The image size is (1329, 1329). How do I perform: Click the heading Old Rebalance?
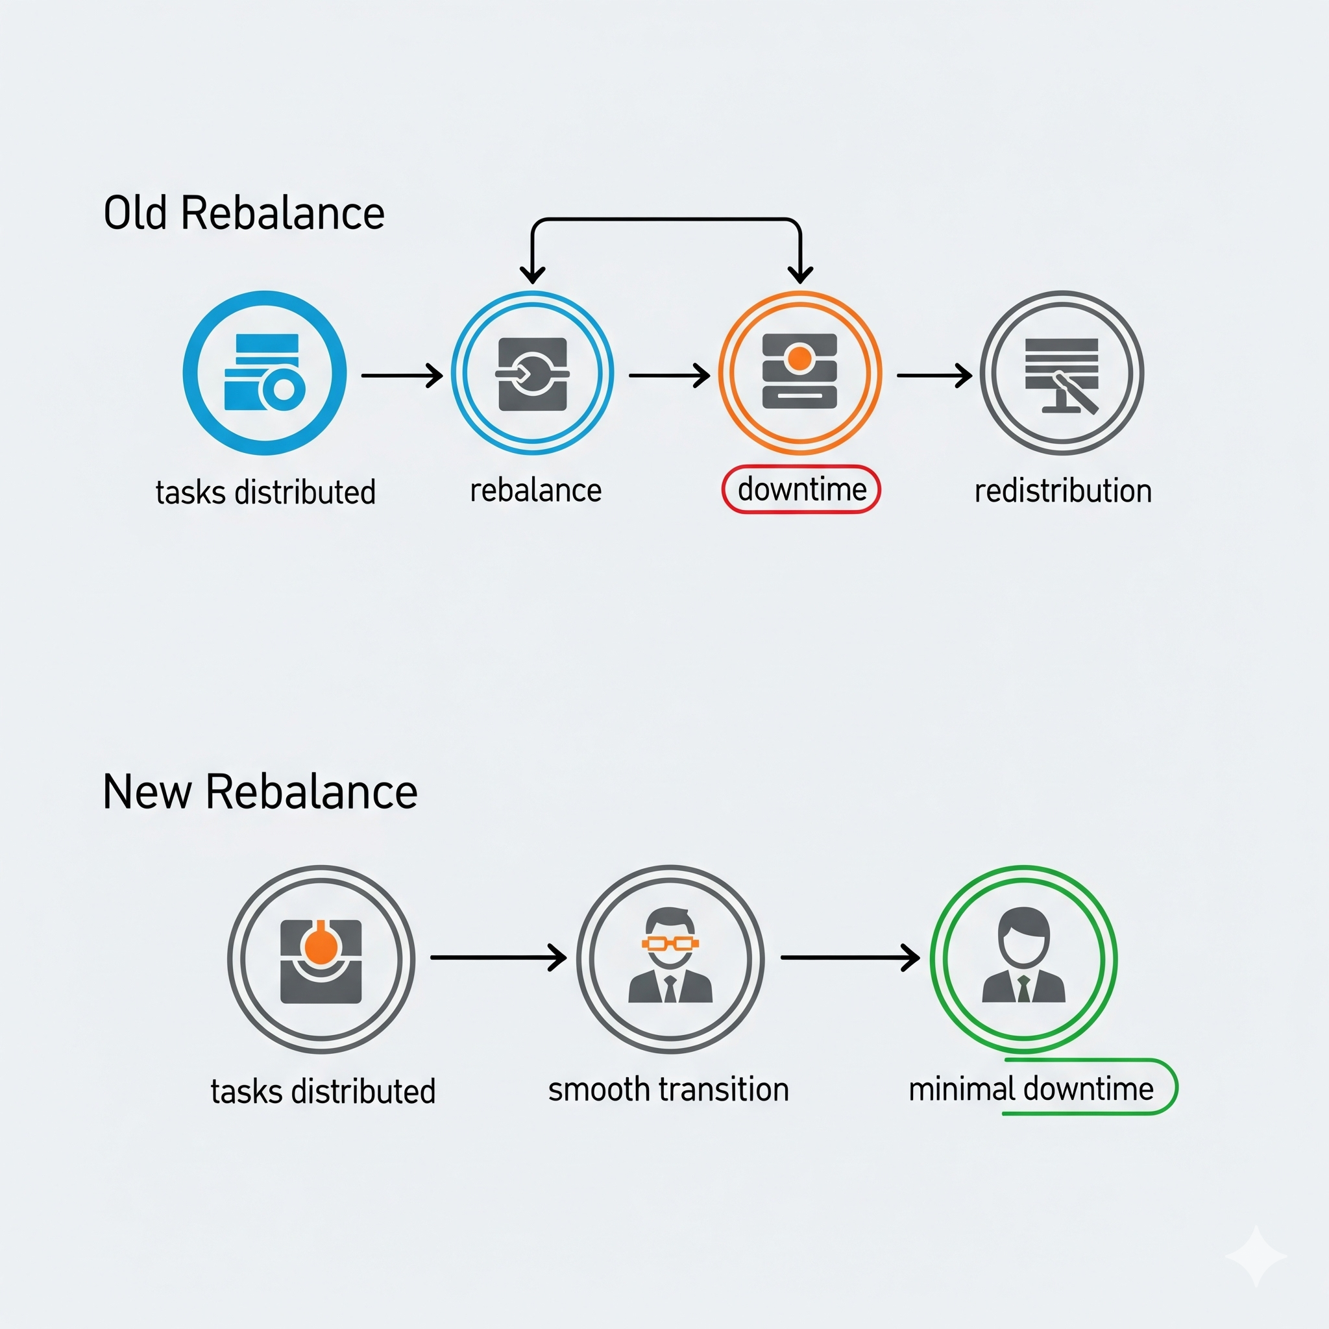[243, 213]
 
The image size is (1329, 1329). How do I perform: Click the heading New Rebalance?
[260, 792]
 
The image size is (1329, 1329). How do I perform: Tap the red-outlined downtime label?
[801, 490]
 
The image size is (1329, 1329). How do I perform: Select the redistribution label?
[1063, 491]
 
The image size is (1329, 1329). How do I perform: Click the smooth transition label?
[668, 1090]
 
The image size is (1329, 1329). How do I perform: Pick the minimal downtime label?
[1030, 1090]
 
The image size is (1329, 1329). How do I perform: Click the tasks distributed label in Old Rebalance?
[265, 493]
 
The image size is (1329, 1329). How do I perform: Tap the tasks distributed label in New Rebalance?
[323, 1091]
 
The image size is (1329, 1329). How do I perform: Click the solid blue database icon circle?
[265, 373]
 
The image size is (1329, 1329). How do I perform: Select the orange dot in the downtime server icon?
[799, 358]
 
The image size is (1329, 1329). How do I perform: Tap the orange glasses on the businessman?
[670, 943]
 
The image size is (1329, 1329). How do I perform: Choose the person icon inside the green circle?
[1023, 956]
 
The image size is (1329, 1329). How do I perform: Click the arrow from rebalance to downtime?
[668, 376]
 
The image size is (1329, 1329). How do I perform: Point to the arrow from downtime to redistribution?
[933, 376]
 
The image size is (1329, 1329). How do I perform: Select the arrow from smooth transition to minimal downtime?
[849, 958]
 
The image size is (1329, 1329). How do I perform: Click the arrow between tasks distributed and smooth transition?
[498, 958]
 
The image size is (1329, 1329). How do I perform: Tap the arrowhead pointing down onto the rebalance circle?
[532, 274]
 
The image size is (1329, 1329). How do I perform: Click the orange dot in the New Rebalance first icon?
[320, 947]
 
